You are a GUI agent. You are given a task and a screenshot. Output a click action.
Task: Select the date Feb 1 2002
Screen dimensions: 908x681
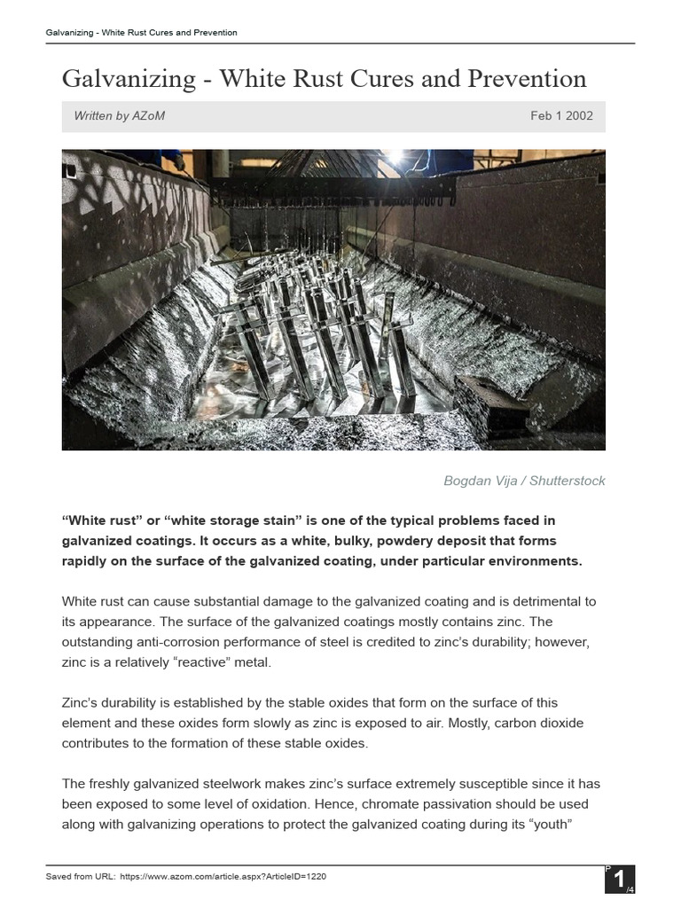(561, 116)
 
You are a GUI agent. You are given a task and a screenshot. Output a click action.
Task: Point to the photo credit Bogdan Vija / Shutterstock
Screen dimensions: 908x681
(524, 481)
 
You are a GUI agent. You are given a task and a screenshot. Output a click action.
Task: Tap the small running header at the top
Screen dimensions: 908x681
(141, 33)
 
